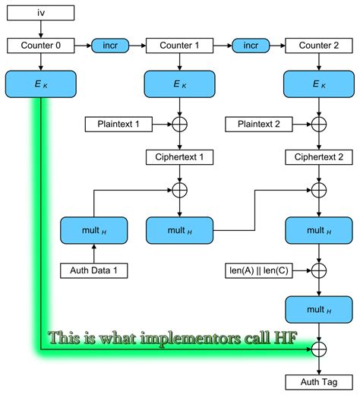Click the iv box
pos(40,13)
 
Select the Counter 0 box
pos(40,46)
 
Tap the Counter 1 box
pos(180,46)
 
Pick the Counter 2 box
pos(319,46)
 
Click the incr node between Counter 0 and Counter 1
pos(110,46)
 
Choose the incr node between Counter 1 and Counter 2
pos(249,46)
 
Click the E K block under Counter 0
pos(40,84)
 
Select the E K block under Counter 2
pos(319,84)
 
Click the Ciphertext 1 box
pos(180,158)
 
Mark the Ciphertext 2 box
pos(319,158)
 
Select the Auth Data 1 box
pos(93,270)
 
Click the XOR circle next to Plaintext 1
pos(180,122)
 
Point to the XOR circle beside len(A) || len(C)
pos(319,270)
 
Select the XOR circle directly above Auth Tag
pos(319,349)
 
